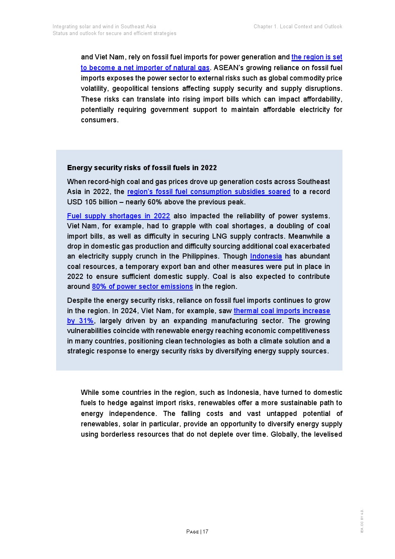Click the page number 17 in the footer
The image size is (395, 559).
(205, 532)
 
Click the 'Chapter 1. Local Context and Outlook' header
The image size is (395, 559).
(298, 27)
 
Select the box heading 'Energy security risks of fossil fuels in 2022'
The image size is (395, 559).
(142, 168)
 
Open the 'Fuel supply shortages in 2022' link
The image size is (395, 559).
(118, 216)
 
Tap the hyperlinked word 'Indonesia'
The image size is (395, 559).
(266, 256)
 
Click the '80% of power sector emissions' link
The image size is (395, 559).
(142, 286)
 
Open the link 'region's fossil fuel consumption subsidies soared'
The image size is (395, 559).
(209, 192)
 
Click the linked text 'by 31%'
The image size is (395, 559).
(80, 321)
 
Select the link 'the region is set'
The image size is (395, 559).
(317, 57)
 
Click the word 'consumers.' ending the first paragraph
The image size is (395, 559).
(100, 120)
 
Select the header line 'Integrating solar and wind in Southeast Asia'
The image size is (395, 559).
(104, 27)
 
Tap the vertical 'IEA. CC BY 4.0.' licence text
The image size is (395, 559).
(362, 521)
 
